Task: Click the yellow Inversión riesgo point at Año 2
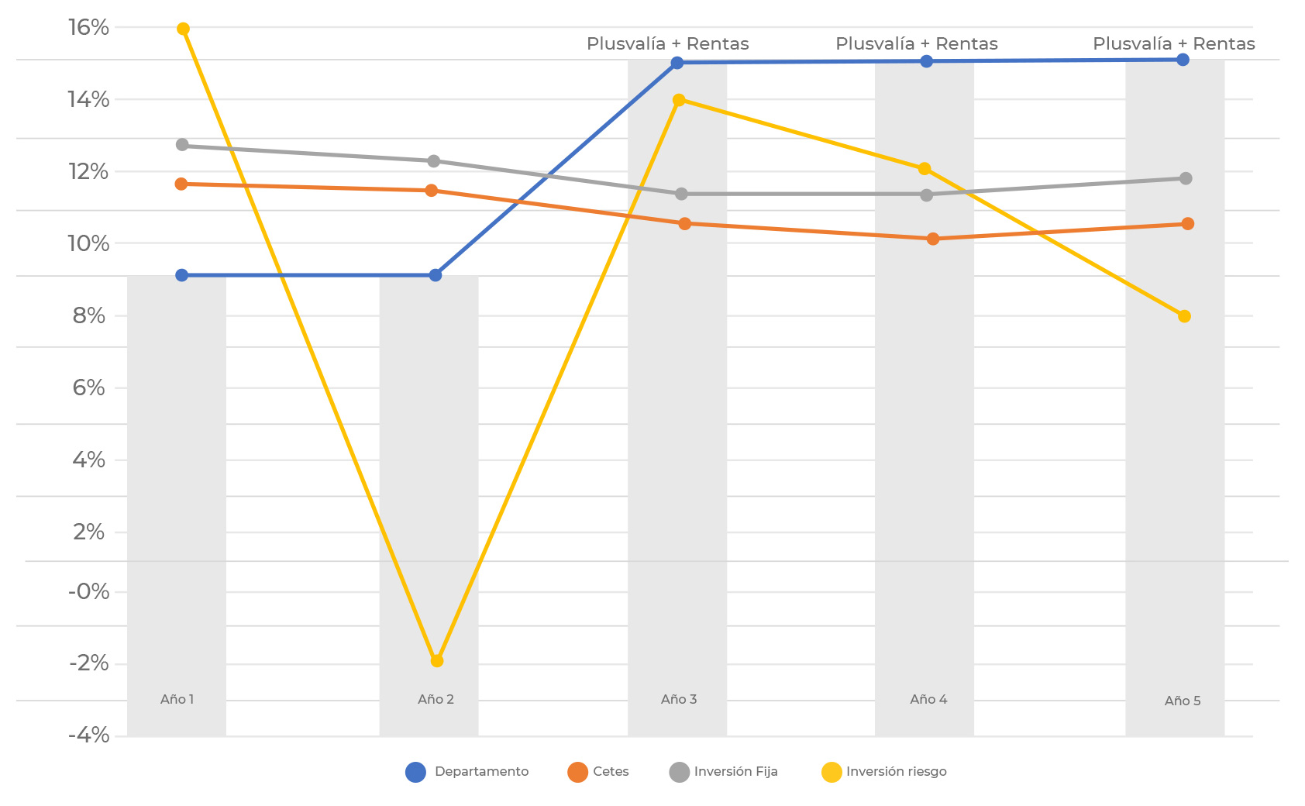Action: pyautogui.click(x=437, y=660)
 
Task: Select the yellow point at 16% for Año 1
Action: pyautogui.click(x=183, y=29)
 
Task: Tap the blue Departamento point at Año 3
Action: pyautogui.click(x=677, y=63)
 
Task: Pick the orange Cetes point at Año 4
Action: pyautogui.click(x=933, y=239)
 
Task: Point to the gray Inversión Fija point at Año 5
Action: pyautogui.click(x=1186, y=178)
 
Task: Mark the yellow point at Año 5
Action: pyautogui.click(x=1184, y=316)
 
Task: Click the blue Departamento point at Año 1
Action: pyautogui.click(x=182, y=275)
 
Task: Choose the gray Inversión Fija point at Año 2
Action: pyautogui.click(x=434, y=161)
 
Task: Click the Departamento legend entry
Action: pyautogui.click(x=467, y=772)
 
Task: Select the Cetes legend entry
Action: pyautogui.click(x=598, y=772)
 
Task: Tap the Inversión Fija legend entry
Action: pyautogui.click(x=723, y=772)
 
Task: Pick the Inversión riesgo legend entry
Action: pyautogui.click(x=884, y=772)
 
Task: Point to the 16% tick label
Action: pyautogui.click(x=89, y=28)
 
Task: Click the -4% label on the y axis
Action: pyautogui.click(x=89, y=735)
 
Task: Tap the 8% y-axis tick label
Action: pyautogui.click(x=89, y=315)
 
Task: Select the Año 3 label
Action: pyautogui.click(x=679, y=699)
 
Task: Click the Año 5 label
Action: pyautogui.click(x=1183, y=701)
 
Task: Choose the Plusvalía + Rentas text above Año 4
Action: pyautogui.click(x=917, y=44)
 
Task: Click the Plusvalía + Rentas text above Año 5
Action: pyautogui.click(x=1174, y=44)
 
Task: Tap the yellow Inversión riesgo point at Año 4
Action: pyautogui.click(x=925, y=169)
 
